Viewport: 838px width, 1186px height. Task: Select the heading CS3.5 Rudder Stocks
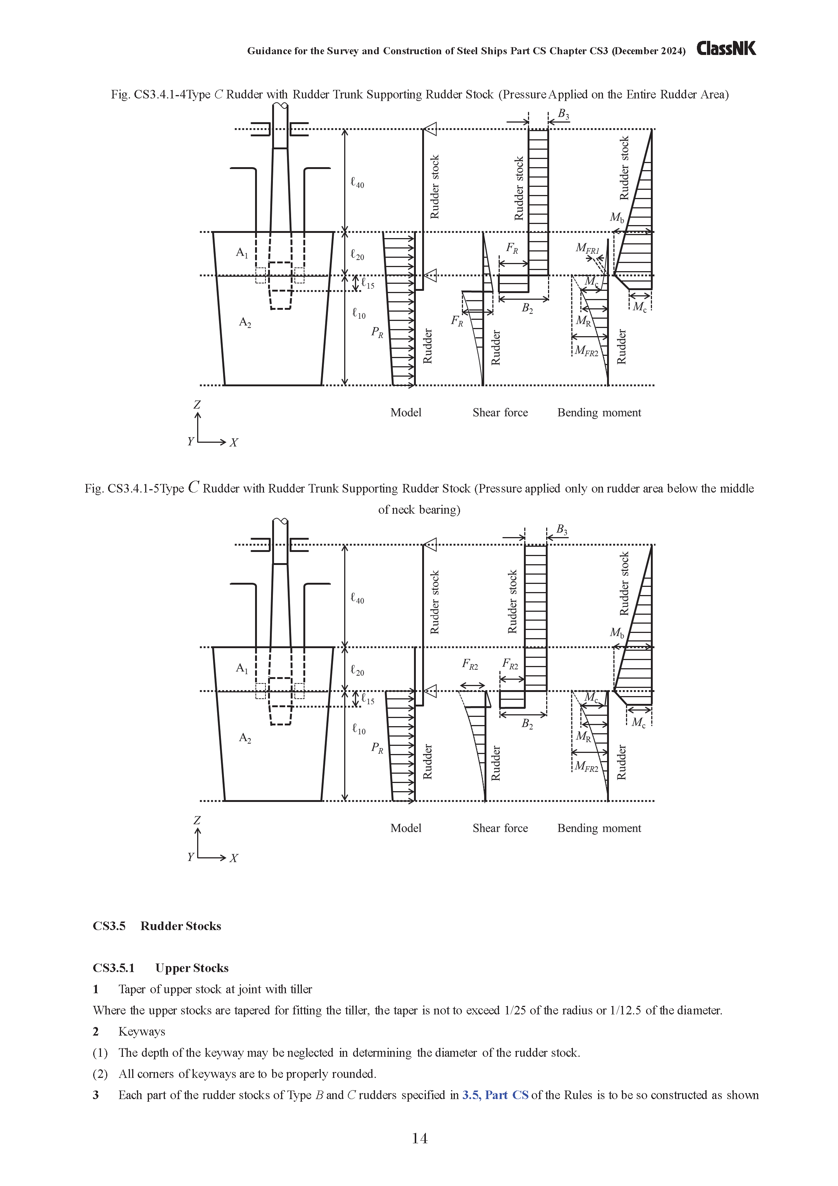pos(157,926)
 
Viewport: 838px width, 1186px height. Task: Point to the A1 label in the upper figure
pos(242,253)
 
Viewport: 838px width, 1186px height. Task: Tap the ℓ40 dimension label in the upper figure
pos(357,183)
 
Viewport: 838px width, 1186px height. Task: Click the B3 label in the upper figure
pos(563,114)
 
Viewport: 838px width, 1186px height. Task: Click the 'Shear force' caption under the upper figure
pos(500,412)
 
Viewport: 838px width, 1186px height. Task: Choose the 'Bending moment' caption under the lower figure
pos(599,828)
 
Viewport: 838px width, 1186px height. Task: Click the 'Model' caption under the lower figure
pos(406,828)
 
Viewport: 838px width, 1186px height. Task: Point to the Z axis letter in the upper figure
pos(197,405)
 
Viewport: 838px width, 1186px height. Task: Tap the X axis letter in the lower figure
pos(234,858)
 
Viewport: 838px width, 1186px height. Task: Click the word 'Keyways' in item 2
pos(141,1031)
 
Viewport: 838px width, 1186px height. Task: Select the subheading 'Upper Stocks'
pos(192,968)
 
